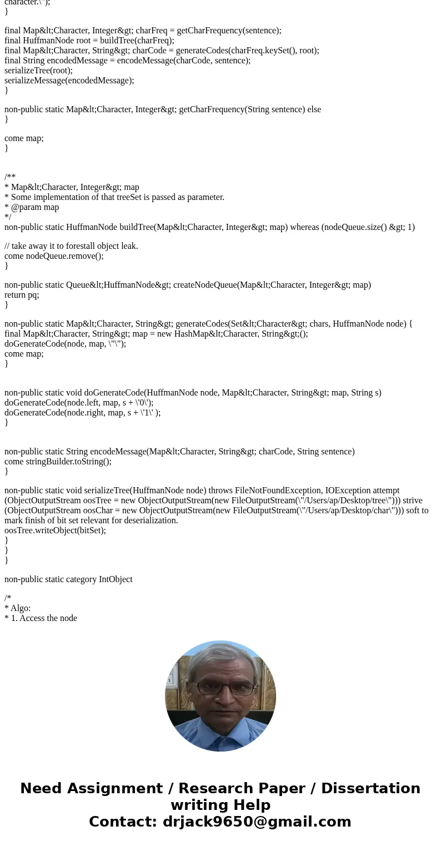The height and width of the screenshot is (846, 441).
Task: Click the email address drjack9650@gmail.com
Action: [257, 822]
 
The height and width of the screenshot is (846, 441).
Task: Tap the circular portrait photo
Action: [220, 696]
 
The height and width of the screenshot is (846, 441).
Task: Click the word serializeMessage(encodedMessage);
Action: [69, 80]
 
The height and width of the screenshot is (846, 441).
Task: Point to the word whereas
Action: [304, 227]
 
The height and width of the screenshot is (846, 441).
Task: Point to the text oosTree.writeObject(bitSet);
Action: [55, 530]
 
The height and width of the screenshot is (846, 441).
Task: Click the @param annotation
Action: [26, 207]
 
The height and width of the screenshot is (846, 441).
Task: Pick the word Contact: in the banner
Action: [123, 822]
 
